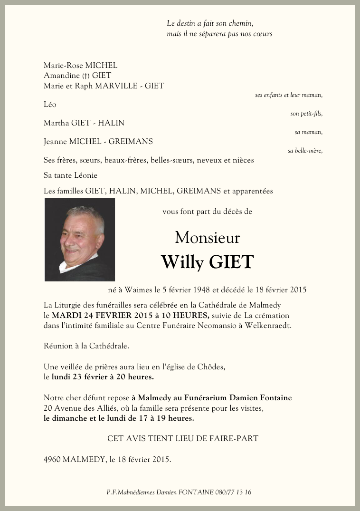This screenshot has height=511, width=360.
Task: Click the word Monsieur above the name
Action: (207, 237)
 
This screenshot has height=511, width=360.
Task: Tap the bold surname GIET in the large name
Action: (231, 262)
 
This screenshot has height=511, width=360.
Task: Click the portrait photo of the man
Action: (80, 240)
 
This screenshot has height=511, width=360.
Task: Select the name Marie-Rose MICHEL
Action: (80, 66)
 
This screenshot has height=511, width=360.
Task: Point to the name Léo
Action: (50, 105)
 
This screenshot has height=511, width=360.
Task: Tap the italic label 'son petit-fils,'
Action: (306, 114)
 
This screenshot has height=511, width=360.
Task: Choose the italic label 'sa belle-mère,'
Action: (305, 151)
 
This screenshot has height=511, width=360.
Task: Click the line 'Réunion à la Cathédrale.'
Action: (86, 346)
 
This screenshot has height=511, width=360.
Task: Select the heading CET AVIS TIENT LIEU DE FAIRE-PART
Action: (183, 438)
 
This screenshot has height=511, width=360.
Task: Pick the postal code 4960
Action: (52, 460)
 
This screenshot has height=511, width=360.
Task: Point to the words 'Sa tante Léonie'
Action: (70, 175)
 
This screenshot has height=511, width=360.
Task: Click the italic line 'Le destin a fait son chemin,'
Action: (210, 23)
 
